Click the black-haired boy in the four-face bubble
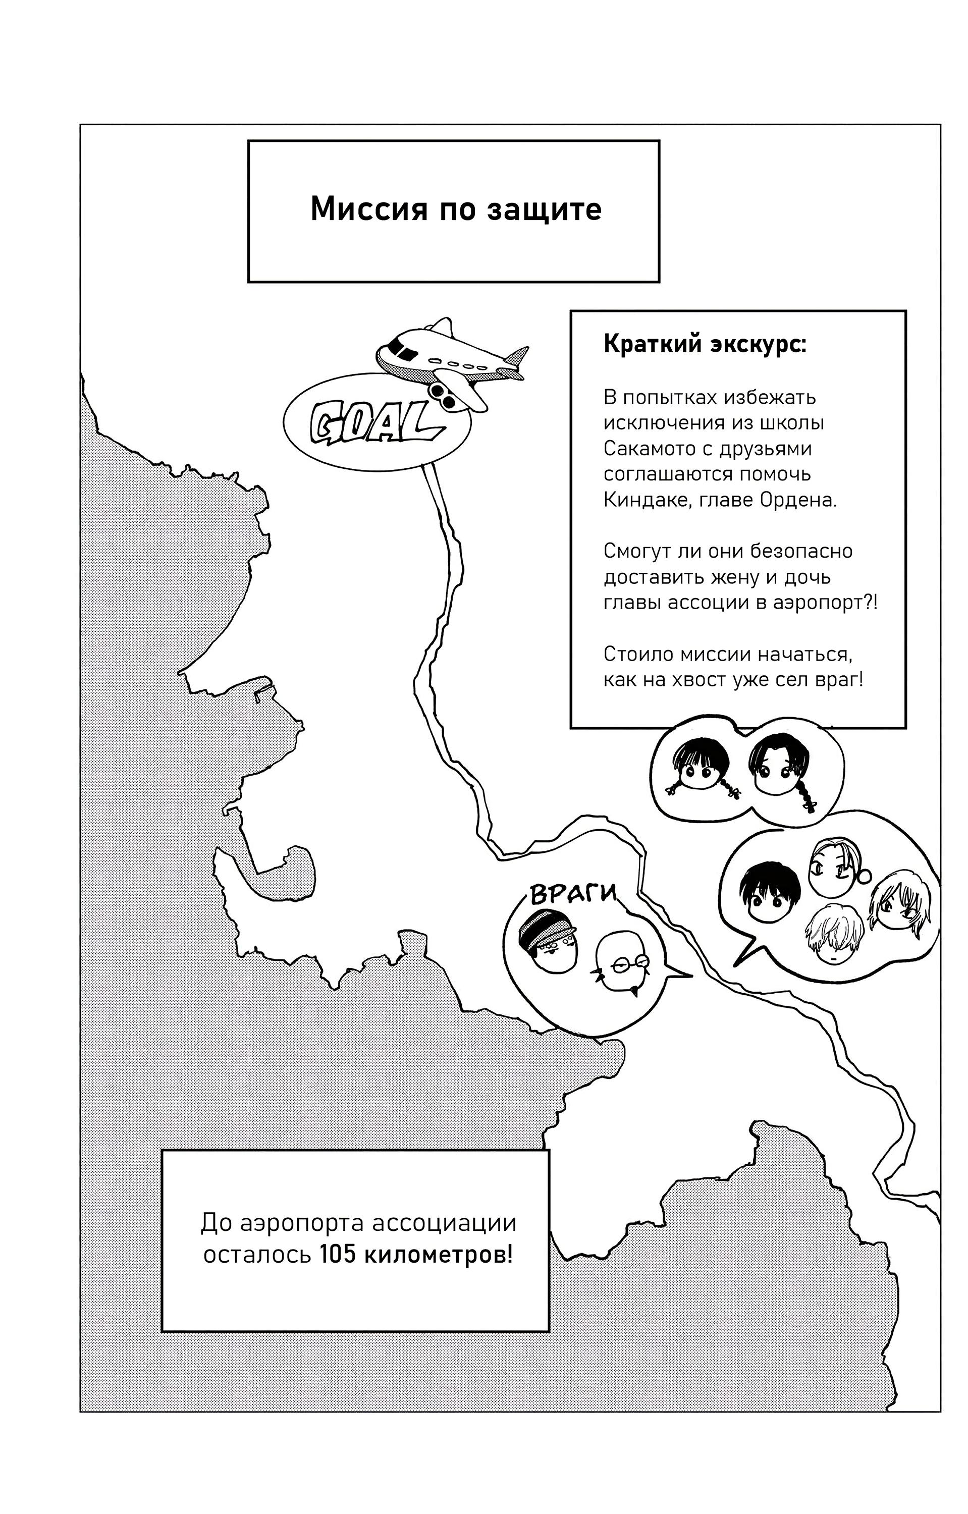pos(770,899)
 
